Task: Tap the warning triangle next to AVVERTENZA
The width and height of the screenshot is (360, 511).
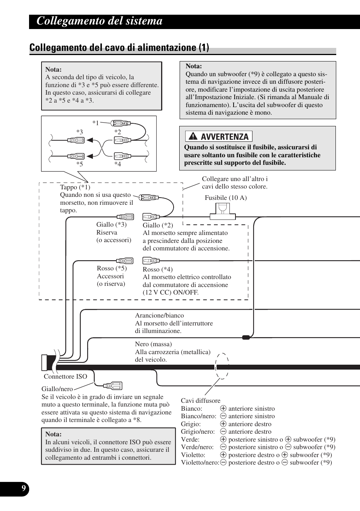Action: (193, 137)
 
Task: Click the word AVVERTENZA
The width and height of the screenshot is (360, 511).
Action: (225, 137)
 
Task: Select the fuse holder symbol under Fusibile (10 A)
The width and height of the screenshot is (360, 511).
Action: (222, 211)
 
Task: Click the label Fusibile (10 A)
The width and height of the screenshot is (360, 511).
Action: (226, 198)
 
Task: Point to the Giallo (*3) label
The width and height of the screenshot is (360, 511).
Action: (111, 224)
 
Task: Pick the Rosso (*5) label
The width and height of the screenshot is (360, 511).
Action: (112, 268)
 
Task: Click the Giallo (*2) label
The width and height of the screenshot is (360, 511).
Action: (158, 225)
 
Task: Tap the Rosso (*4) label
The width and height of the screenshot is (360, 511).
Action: (157, 269)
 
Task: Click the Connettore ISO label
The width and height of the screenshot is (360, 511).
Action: (65, 376)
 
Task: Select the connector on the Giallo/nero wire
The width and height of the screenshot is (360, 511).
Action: (113, 386)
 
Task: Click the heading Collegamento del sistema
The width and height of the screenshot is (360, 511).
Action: (100, 21)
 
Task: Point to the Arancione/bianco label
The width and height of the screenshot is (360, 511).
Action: (159, 315)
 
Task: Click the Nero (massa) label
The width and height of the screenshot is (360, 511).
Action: (153, 344)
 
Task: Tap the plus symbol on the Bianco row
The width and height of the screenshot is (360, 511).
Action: (223, 408)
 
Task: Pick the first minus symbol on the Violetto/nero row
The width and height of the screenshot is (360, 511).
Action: (223, 462)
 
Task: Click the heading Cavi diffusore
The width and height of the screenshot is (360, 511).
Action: (200, 401)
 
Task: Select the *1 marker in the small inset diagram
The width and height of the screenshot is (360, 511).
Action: (95, 123)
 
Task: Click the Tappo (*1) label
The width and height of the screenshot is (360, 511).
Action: (75, 187)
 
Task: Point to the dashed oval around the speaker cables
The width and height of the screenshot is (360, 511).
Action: (222, 366)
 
